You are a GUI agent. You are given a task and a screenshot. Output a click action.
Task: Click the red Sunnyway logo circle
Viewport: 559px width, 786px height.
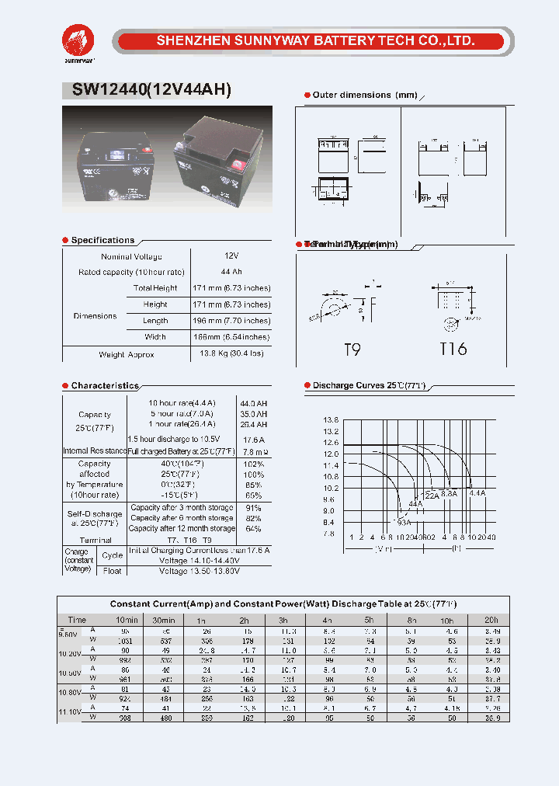(78, 39)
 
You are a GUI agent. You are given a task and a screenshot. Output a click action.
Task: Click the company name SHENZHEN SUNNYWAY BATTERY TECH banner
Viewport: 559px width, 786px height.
(315, 41)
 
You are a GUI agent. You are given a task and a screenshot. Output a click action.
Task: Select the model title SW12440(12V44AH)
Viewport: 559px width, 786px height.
(151, 90)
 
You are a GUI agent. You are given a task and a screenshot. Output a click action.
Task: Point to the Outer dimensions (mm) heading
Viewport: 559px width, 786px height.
(364, 95)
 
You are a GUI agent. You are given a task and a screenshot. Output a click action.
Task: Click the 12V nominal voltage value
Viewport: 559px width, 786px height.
(231, 256)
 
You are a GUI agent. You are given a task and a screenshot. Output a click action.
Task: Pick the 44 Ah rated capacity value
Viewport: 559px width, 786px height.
(231, 272)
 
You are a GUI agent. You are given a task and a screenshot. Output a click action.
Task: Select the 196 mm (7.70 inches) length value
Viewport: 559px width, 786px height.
(231, 321)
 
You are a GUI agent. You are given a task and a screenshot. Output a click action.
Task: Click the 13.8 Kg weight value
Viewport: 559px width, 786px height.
(231, 354)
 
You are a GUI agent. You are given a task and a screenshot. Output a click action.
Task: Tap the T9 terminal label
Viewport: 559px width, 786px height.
(352, 350)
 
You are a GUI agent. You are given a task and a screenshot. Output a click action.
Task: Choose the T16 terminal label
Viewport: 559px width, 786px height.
(453, 350)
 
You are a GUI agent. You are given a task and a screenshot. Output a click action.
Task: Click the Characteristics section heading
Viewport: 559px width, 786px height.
(105, 386)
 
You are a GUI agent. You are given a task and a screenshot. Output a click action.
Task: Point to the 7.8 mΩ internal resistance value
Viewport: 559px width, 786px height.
(255, 451)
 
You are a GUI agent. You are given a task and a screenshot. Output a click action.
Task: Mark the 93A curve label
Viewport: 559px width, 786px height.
(404, 522)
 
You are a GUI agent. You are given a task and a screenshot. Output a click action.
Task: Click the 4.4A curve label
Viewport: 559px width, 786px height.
(477, 493)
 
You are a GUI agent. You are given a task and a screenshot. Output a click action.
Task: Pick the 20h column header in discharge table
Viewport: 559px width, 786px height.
(490, 620)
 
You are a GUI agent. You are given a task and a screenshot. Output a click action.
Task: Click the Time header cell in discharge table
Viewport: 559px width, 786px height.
(77, 620)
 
